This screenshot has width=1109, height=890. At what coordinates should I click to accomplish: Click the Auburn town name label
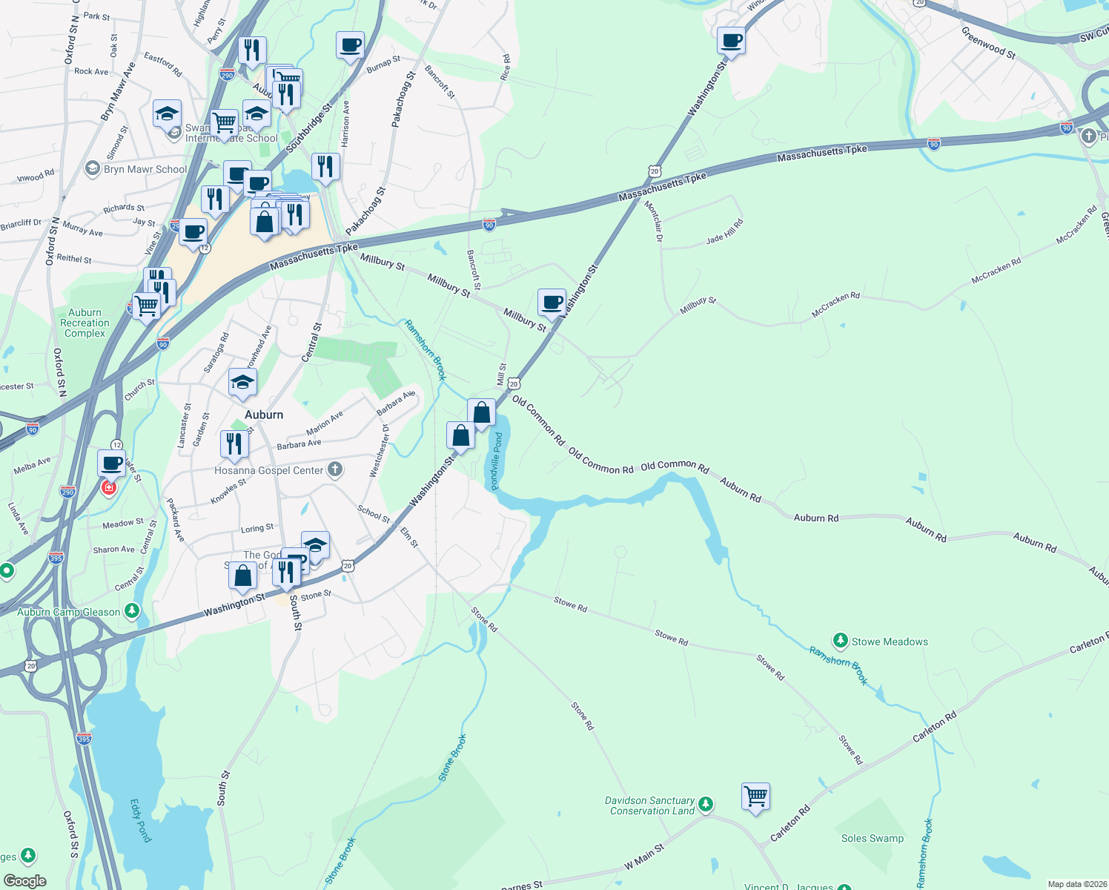(264, 415)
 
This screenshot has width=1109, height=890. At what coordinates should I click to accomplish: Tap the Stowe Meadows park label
(890, 642)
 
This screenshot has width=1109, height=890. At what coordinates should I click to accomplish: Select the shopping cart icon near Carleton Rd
(755, 797)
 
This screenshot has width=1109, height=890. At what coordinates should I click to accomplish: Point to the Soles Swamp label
(873, 839)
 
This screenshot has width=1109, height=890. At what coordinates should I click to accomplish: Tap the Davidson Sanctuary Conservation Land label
(650, 806)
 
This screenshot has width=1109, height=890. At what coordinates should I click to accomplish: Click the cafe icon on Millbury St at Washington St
(552, 303)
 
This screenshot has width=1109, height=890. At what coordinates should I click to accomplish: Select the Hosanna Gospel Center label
(269, 470)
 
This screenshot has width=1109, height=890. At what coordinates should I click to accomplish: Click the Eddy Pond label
(140, 820)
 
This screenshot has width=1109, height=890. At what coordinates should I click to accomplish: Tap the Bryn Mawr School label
(145, 169)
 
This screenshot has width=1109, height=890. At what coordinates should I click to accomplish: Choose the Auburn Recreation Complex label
(85, 323)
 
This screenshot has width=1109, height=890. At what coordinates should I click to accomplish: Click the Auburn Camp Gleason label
(69, 612)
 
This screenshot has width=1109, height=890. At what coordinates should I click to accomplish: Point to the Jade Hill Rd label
(724, 232)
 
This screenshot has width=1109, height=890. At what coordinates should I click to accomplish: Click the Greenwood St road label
(988, 42)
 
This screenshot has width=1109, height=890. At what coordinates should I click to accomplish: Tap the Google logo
(24, 881)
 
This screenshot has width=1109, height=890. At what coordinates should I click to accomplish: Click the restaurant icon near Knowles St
(234, 444)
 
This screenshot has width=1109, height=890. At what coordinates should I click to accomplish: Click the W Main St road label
(643, 857)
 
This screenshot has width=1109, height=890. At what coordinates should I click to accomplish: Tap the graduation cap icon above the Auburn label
(242, 383)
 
